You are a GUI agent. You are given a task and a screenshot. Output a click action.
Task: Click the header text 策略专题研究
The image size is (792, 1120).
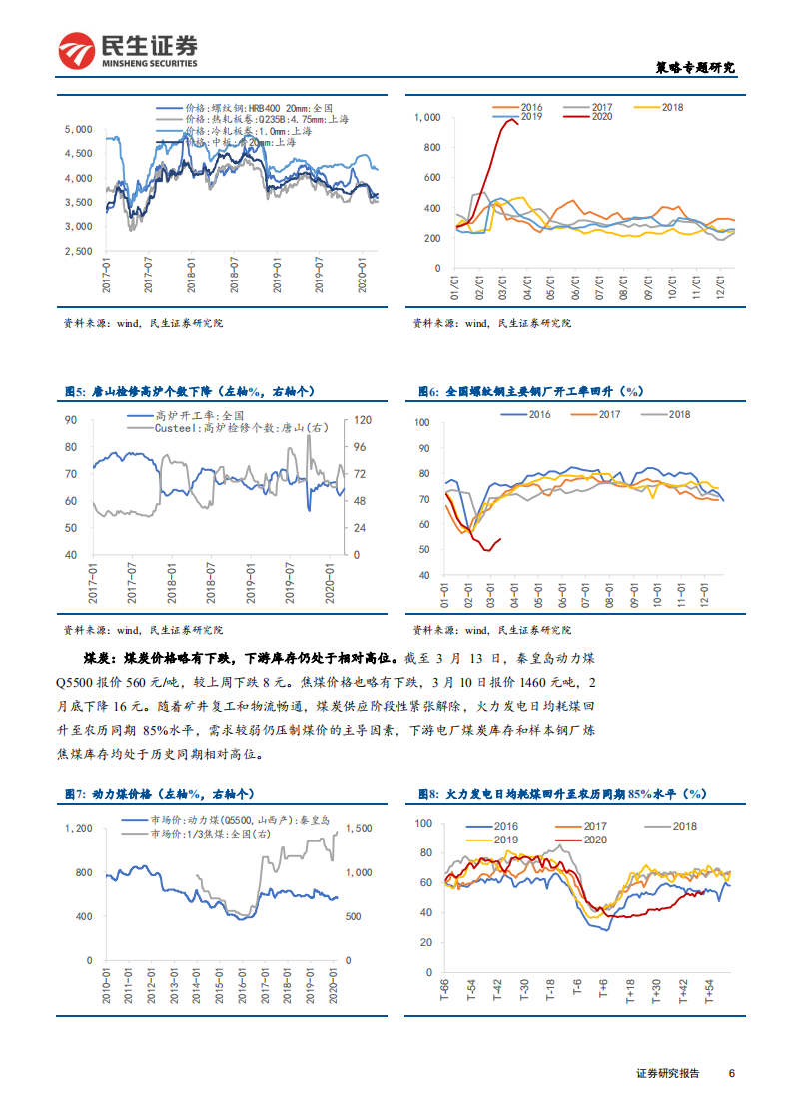tap(694, 68)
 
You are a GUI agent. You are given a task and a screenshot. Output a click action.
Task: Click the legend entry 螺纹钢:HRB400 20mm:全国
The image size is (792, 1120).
tap(250, 108)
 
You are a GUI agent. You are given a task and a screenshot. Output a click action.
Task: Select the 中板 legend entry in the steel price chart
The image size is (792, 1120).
tap(241, 142)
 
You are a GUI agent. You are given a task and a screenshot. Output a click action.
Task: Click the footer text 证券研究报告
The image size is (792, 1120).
tap(667, 1073)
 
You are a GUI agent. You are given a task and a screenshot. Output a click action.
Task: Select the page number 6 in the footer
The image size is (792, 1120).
tap(732, 1073)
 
